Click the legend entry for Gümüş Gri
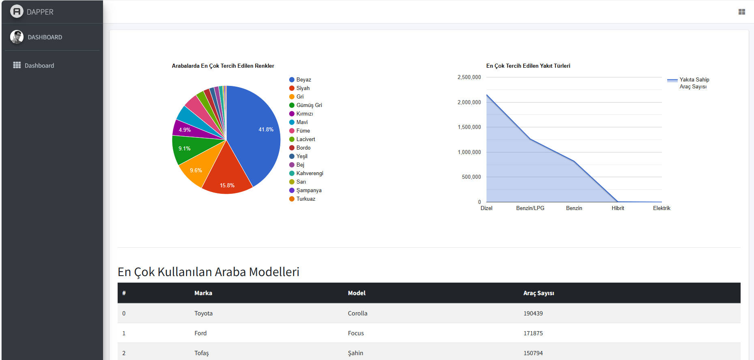pos(309,105)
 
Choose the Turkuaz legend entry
pos(305,199)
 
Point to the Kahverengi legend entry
pos(309,174)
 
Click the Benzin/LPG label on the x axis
pos(530,208)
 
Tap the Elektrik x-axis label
pos(662,208)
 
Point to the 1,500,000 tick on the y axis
pos(469,127)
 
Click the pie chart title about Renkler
pos(223,66)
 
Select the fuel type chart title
pos(528,66)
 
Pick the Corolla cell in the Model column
pos(357,313)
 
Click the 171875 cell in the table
pos(533,333)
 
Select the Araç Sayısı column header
pos(538,293)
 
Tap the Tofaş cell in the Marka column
pos(202,353)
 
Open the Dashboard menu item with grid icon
pos(39,66)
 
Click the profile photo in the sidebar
pos(17,37)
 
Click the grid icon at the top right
pos(742,12)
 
